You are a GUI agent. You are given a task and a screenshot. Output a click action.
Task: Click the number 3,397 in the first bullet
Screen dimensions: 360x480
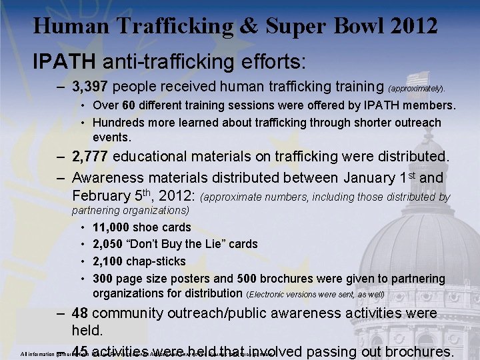[x=91, y=86]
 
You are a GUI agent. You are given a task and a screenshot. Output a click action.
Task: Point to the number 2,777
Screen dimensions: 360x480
[x=91, y=157]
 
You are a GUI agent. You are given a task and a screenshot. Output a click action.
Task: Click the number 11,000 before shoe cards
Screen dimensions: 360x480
[x=112, y=227]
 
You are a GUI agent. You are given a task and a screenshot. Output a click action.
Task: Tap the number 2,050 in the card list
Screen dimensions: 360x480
[x=108, y=244]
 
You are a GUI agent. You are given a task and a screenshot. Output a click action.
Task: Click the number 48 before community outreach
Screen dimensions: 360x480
[x=80, y=313]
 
